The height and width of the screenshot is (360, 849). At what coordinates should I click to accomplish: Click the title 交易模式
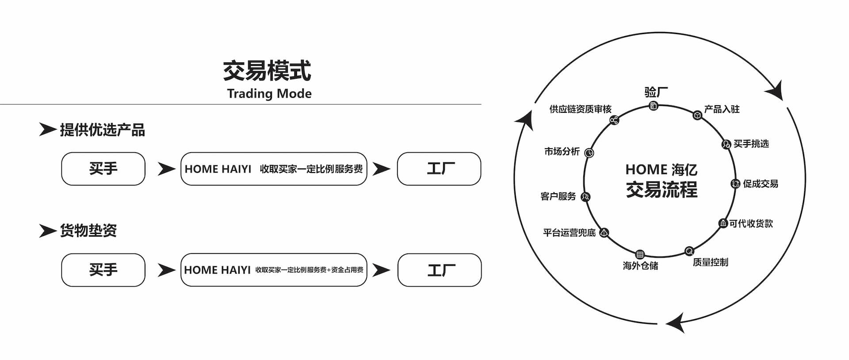tap(267, 71)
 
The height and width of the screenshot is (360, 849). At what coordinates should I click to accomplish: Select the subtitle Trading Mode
tap(269, 94)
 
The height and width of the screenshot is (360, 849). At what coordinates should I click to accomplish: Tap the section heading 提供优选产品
tap(102, 130)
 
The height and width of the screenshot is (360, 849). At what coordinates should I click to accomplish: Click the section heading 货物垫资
tap(88, 230)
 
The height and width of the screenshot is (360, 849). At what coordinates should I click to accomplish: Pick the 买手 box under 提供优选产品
tap(103, 169)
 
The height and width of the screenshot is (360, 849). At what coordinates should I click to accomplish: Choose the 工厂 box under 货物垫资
tap(440, 270)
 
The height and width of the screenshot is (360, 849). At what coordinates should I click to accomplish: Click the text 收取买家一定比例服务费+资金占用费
tap(309, 270)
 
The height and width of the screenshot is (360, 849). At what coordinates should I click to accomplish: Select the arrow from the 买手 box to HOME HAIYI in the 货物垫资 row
tap(166, 270)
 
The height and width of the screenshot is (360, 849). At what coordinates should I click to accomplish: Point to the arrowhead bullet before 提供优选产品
tap(47, 130)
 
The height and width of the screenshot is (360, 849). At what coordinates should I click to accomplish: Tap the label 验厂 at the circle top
tap(656, 92)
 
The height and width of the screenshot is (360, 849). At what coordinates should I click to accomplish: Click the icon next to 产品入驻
tap(697, 115)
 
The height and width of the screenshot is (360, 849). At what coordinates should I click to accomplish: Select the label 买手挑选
tap(751, 144)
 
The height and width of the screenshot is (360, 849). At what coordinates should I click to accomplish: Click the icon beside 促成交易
tap(735, 184)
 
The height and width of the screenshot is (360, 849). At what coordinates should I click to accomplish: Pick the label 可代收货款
tap(751, 224)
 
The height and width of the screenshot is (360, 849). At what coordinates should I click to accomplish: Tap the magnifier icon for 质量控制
tap(689, 251)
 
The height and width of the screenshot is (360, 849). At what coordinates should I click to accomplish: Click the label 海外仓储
tap(640, 266)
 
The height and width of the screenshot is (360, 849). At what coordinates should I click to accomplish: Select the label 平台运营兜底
tap(569, 233)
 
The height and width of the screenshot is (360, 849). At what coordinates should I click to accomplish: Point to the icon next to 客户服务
tap(585, 197)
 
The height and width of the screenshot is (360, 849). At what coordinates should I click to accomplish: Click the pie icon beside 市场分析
tap(589, 153)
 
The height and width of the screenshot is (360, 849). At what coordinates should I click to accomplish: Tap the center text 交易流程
tap(662, 190)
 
